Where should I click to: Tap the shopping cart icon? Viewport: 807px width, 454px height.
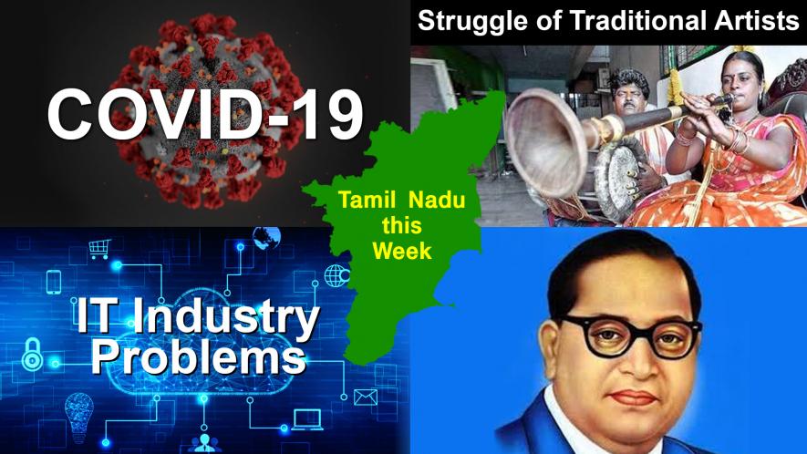tap(99, 248)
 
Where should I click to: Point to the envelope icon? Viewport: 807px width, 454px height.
tap(366, 397)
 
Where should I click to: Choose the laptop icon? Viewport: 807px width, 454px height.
tap(307, 420)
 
